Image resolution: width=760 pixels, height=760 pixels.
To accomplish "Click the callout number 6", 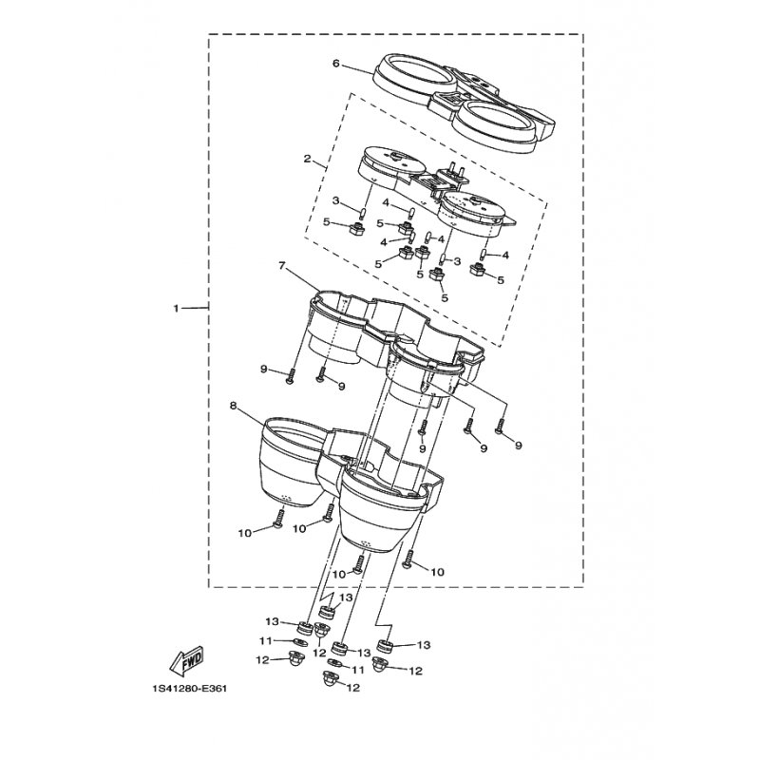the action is pyautogui.click(x=336, y=64).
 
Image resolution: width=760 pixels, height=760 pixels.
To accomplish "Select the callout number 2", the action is pyautogui.click(x=307, y=159).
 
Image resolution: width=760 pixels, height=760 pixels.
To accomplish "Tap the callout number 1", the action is pyautogui.click(x=177, y=308).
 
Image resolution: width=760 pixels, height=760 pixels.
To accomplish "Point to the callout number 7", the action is pyautogui.click(x=280, y=266).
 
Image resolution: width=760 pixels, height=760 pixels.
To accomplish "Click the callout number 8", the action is pyautogui.click(x=233, y=406).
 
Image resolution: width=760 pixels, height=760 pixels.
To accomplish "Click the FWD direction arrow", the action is pyautogui.click(x=187, y=660).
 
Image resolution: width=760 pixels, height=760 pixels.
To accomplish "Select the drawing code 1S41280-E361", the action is pyautogui.click(x=189, y=688).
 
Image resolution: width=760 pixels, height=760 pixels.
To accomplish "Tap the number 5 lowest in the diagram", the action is pyautogui.click(x=445, y=297).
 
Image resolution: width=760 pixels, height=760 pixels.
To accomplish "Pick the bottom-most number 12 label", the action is pyautogui.click(x=353, y=688).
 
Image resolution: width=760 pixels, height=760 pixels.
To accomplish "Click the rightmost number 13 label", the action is pyautogui.click(x=424, y=645).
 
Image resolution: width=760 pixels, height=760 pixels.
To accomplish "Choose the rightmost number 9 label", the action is pyautogui.click(x=518, y=445).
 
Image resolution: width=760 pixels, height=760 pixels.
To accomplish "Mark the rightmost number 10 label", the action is pyautogui.click(x=437, y=573).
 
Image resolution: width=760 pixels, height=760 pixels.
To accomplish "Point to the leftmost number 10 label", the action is pyautogui.click(x=245, y=533).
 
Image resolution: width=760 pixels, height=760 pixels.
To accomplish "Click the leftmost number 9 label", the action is pyautogui.click(x=264, y=370).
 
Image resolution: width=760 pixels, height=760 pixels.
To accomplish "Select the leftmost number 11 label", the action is pyautogui.click(x=265, y=640).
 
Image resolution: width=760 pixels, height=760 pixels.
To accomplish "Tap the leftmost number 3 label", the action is pyautogui.click(x=335, y=200).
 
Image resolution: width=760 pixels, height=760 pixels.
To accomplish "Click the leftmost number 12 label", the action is pyautogui.click(x=263, y=660).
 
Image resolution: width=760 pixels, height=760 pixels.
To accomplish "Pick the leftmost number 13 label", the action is pyautogui.click(x=272, y=621).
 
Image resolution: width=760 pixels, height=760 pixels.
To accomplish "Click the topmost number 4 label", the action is pyautogui.click(x=386, y=201).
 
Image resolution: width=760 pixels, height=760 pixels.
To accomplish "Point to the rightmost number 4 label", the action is pyautogui.click(x=505, y=255).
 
